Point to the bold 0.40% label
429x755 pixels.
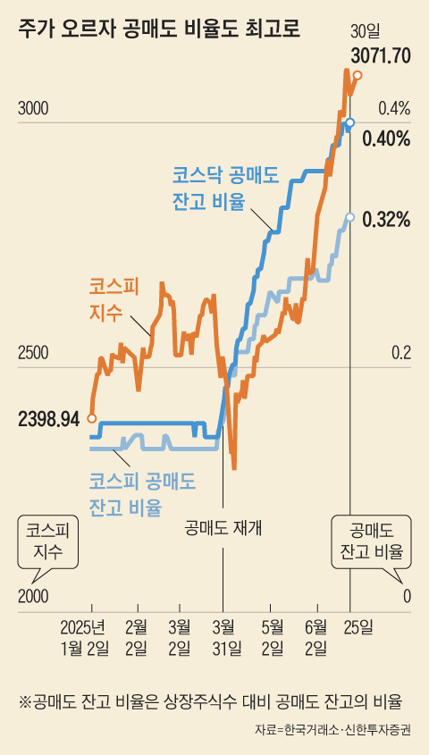click(x=386, y=138)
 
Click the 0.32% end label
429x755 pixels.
click(x=386, y=219)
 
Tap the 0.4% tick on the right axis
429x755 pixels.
click(x=393, y=109)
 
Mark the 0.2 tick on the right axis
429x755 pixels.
click(x=399, y=354)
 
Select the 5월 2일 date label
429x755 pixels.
click(x=273, y=635)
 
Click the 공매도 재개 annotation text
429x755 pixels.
click(x=223, y=526)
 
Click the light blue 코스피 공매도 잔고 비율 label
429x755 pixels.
click(x=142, y=495)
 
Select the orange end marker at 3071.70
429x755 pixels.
click(x=357, y=76)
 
